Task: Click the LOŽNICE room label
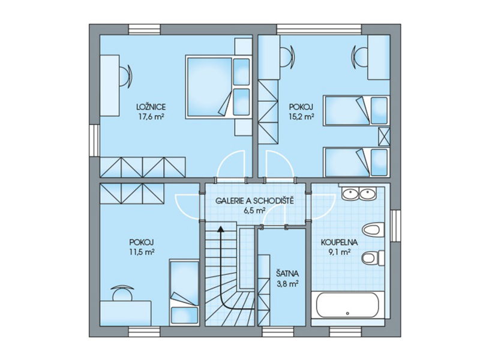151,107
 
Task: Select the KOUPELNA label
339,242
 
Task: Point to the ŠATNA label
287,274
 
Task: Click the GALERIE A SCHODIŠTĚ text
254,201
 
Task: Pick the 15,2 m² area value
302,116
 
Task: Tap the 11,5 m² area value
142,252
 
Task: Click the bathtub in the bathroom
348,305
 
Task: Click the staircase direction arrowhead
220,229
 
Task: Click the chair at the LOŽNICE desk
127,76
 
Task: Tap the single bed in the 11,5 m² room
184,292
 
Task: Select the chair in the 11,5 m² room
122,293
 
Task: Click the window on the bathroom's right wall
395,226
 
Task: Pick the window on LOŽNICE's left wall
94,140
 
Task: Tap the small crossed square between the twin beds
384,136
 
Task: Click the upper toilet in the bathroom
373,229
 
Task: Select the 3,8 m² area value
287,284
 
